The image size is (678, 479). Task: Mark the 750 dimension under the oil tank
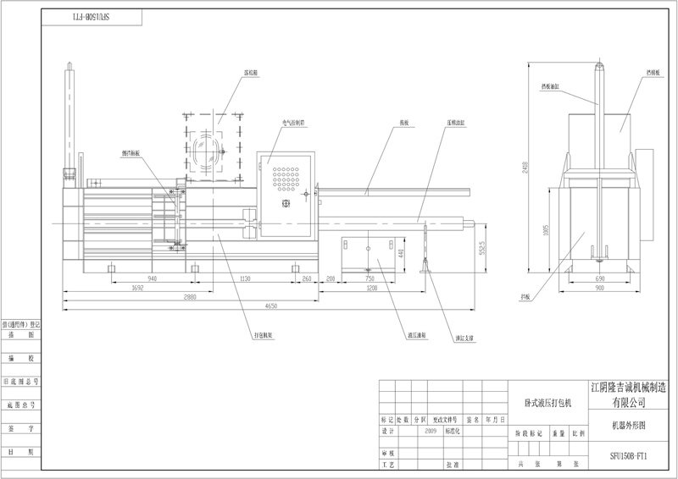pos(370,278)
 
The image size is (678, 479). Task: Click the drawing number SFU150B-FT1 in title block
pos(628,455)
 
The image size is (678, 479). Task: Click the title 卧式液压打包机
pos(542,403)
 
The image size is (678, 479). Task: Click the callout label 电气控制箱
pos(294,122)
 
